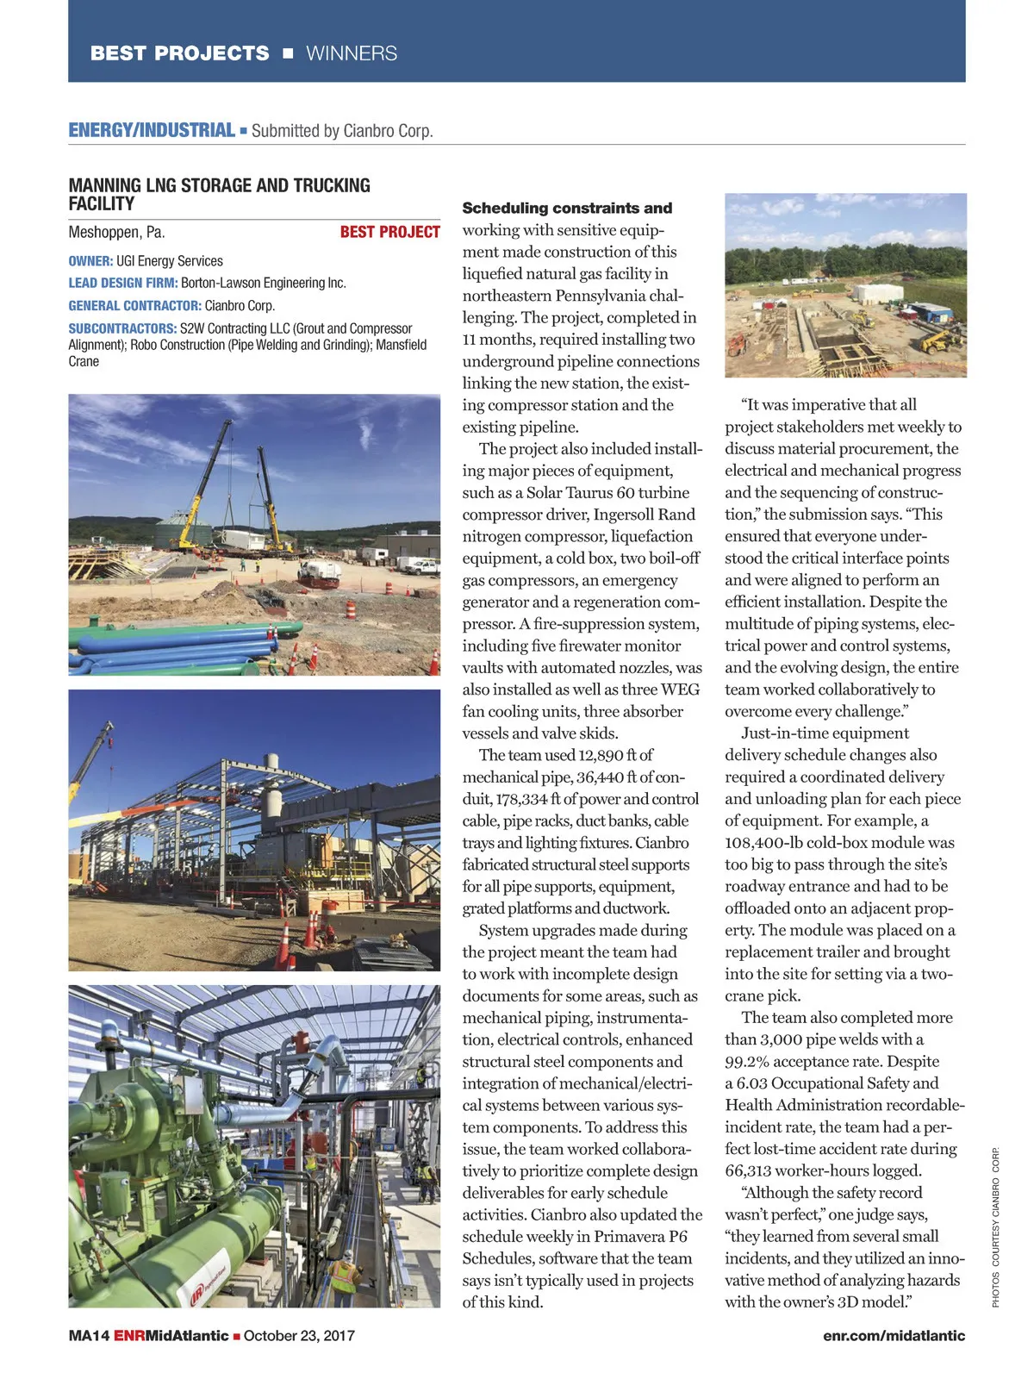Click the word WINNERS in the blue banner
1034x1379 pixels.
[x=352, y=53]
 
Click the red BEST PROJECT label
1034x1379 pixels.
[x=389, y=232]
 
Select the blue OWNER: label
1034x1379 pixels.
[x=90, y=261]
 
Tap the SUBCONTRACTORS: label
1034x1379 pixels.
[x=122, y=328]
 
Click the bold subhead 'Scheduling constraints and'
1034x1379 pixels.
[x=567, y=208]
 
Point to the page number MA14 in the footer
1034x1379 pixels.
[x=89, y=1336]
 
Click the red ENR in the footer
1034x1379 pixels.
[x=129, y=1336]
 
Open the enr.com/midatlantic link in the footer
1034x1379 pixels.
[x=894, y=1336]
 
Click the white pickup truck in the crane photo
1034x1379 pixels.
[x=422, y=566]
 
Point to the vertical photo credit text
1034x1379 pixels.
[x=995, y=1227]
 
